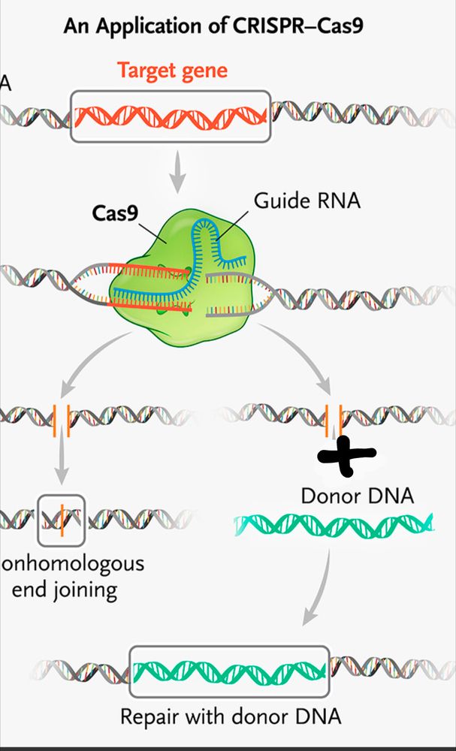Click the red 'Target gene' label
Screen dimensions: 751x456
coord(172,72)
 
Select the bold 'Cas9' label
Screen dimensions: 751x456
coord(115,213)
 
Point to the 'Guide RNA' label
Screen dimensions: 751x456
coord(307,201)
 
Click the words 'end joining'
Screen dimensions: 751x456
coord(65,589)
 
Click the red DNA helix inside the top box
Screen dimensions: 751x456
coord(171,116)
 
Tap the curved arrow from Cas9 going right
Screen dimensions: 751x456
coord(300,360)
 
